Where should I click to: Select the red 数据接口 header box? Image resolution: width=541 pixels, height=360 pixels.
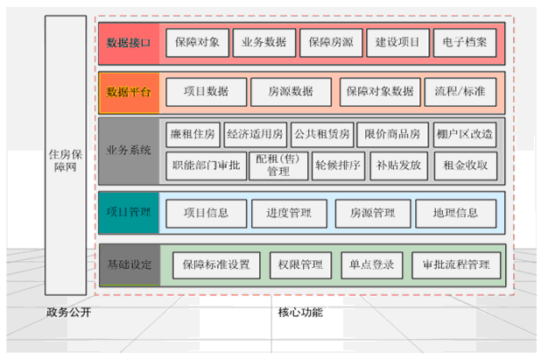click(x=129, y=41)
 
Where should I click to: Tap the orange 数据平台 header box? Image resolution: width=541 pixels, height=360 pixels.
click(x=129, y=91)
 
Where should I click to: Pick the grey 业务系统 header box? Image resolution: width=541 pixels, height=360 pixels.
click(x=129, y=150)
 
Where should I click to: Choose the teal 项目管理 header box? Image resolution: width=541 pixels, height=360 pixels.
click(x=129, y=212)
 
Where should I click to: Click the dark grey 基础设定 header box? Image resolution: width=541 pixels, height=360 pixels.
click(x=129, y=265)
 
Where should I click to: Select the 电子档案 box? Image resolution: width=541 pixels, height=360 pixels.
click(x=465, y=41)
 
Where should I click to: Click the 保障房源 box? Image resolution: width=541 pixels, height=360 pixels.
click(x=330, y=41)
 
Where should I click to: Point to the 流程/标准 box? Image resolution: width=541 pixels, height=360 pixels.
click(x=460, y=90)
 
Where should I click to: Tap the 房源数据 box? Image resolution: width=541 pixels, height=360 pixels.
click(x=291, y=90)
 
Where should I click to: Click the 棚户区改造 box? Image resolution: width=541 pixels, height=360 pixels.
click(x=464, y=135)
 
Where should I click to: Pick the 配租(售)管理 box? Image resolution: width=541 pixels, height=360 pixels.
click(x=272, y=165)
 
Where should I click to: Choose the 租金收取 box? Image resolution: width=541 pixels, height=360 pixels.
click(x=466, y=164)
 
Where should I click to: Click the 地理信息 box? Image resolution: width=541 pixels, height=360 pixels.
click(x=454, y=212)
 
